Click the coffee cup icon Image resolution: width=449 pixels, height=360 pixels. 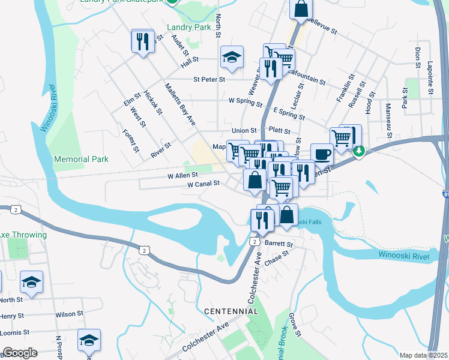(322, 154)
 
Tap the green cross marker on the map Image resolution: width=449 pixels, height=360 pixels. (358, 151)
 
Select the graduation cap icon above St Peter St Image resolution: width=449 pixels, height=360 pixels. (232, 57)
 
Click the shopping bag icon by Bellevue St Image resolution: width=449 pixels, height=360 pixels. (301, 9)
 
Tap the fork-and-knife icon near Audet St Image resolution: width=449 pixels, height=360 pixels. (142, 41)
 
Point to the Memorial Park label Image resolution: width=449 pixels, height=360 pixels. (81, 159)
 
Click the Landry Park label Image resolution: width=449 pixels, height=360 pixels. (190, 27)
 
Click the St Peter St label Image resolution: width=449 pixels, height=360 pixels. (209, 79)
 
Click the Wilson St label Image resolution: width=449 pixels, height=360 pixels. (69, 314)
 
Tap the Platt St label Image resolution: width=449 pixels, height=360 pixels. (280, 130)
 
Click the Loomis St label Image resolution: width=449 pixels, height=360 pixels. (15, 332)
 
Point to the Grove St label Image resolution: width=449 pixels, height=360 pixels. (294, 324)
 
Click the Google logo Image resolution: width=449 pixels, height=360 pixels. (20, 353)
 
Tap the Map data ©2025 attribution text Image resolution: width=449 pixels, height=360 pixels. (423, 355)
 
